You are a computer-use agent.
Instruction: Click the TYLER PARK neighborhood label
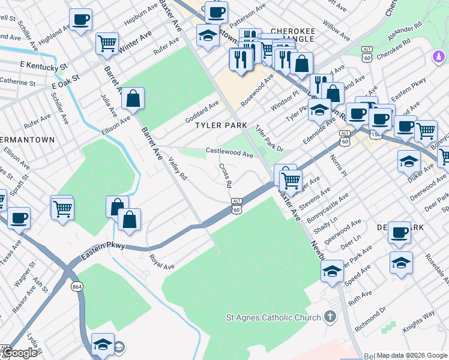point(221,125)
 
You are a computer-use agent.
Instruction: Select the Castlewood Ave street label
point(229,153)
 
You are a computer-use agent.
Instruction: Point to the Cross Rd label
point(225,175)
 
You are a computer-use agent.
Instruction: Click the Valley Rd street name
point(178,169)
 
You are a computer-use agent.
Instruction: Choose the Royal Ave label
point(161,262)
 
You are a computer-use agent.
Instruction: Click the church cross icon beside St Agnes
point(329,316)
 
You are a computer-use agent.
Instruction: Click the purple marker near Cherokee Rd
point(439,58)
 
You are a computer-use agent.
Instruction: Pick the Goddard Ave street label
point(202,109)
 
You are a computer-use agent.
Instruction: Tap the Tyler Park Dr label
point(268,139)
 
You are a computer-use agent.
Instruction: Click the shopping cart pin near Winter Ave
point(107,43)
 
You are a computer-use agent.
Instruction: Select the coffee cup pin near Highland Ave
point(80,19)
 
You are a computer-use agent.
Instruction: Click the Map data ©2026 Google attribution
point(412,355)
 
